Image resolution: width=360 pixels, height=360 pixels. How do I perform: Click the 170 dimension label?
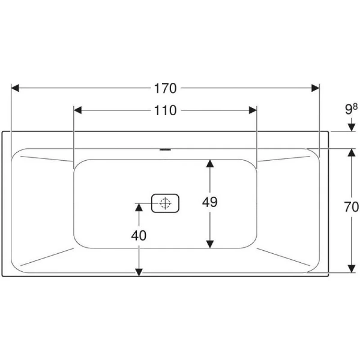[x=166, y=88]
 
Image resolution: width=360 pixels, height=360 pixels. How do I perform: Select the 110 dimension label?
[x=166, y=110]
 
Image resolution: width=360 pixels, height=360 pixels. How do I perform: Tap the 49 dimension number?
[x=209, y=202]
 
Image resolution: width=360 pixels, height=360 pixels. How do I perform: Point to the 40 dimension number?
[x=139, y=236]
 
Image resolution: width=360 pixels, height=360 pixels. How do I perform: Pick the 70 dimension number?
[x=351, y=207]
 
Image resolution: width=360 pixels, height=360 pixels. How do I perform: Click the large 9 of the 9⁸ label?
[x=349, y=110]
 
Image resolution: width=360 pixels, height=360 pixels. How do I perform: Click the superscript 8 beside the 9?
[x=355, y=107]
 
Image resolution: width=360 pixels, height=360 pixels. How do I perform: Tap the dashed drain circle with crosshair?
[x=165, y=203]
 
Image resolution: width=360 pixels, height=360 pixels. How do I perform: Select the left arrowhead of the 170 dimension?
[x=15, y=88]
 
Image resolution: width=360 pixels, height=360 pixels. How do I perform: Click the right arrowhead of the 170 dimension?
[x=316, y=88]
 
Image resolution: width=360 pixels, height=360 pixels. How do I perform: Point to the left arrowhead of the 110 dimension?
[x=77, y=110]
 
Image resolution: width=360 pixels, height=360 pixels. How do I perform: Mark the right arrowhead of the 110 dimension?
[x=253, y=110]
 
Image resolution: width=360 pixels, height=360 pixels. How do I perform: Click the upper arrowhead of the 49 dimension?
[x=210, y=163]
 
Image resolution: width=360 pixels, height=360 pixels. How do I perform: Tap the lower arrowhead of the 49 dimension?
[x=210, y=244]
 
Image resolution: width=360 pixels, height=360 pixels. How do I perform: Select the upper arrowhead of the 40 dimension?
[x=139, y=208]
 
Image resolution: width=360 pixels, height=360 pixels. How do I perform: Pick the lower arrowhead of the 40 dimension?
[x=139, y=272]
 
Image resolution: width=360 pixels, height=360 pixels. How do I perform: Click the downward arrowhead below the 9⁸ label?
[x=351, y=127]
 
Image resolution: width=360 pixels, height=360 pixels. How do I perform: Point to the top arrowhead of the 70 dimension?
[x=351, y=152]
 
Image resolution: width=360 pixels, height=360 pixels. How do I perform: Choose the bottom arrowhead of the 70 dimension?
[x=351, y=269]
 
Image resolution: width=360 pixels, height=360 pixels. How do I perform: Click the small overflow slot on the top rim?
[x=166, y=149]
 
